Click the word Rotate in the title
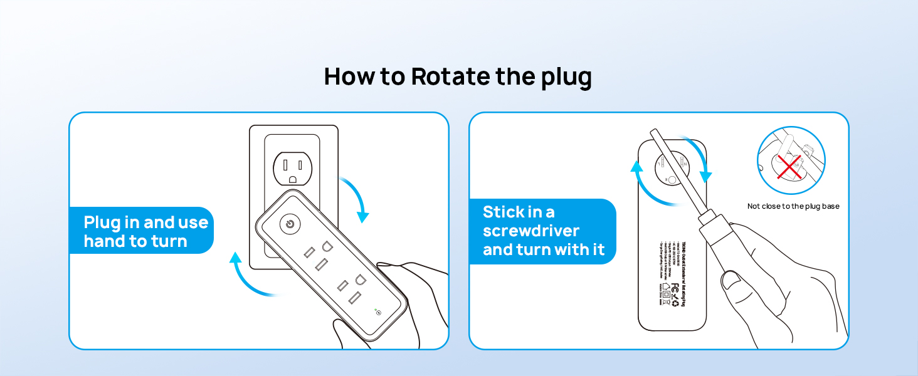tap(450, 77)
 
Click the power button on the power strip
tap(290, 224)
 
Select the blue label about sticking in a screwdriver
tap(543, 231)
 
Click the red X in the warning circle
tap(789, 166)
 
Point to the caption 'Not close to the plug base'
tap(793, 206)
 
